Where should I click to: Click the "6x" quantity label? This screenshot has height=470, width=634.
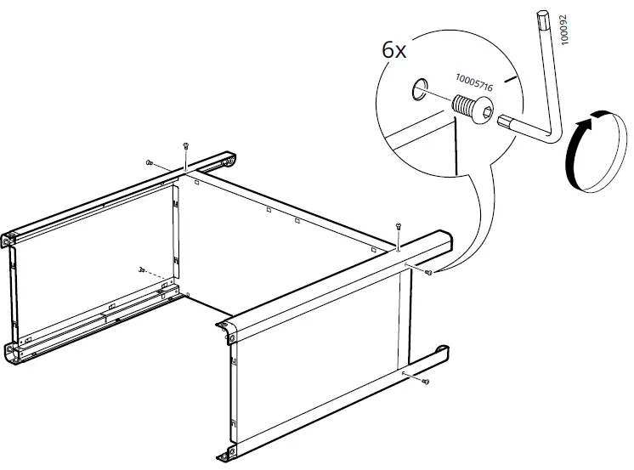pyautogui.click(x=393, y=49)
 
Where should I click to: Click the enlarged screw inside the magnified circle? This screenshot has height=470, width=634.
pyautogui.click(x=470, y=110)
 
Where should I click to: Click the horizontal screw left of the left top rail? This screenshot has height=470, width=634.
pyautogui.click(x=149, y=161)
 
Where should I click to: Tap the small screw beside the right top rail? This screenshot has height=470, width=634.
pyautogui.click(x=428, y=272)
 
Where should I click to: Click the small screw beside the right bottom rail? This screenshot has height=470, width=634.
pyautogui.click(x=425, y=382)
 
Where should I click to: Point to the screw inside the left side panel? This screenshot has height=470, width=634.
pyautogui.click(x=141, y=269)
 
